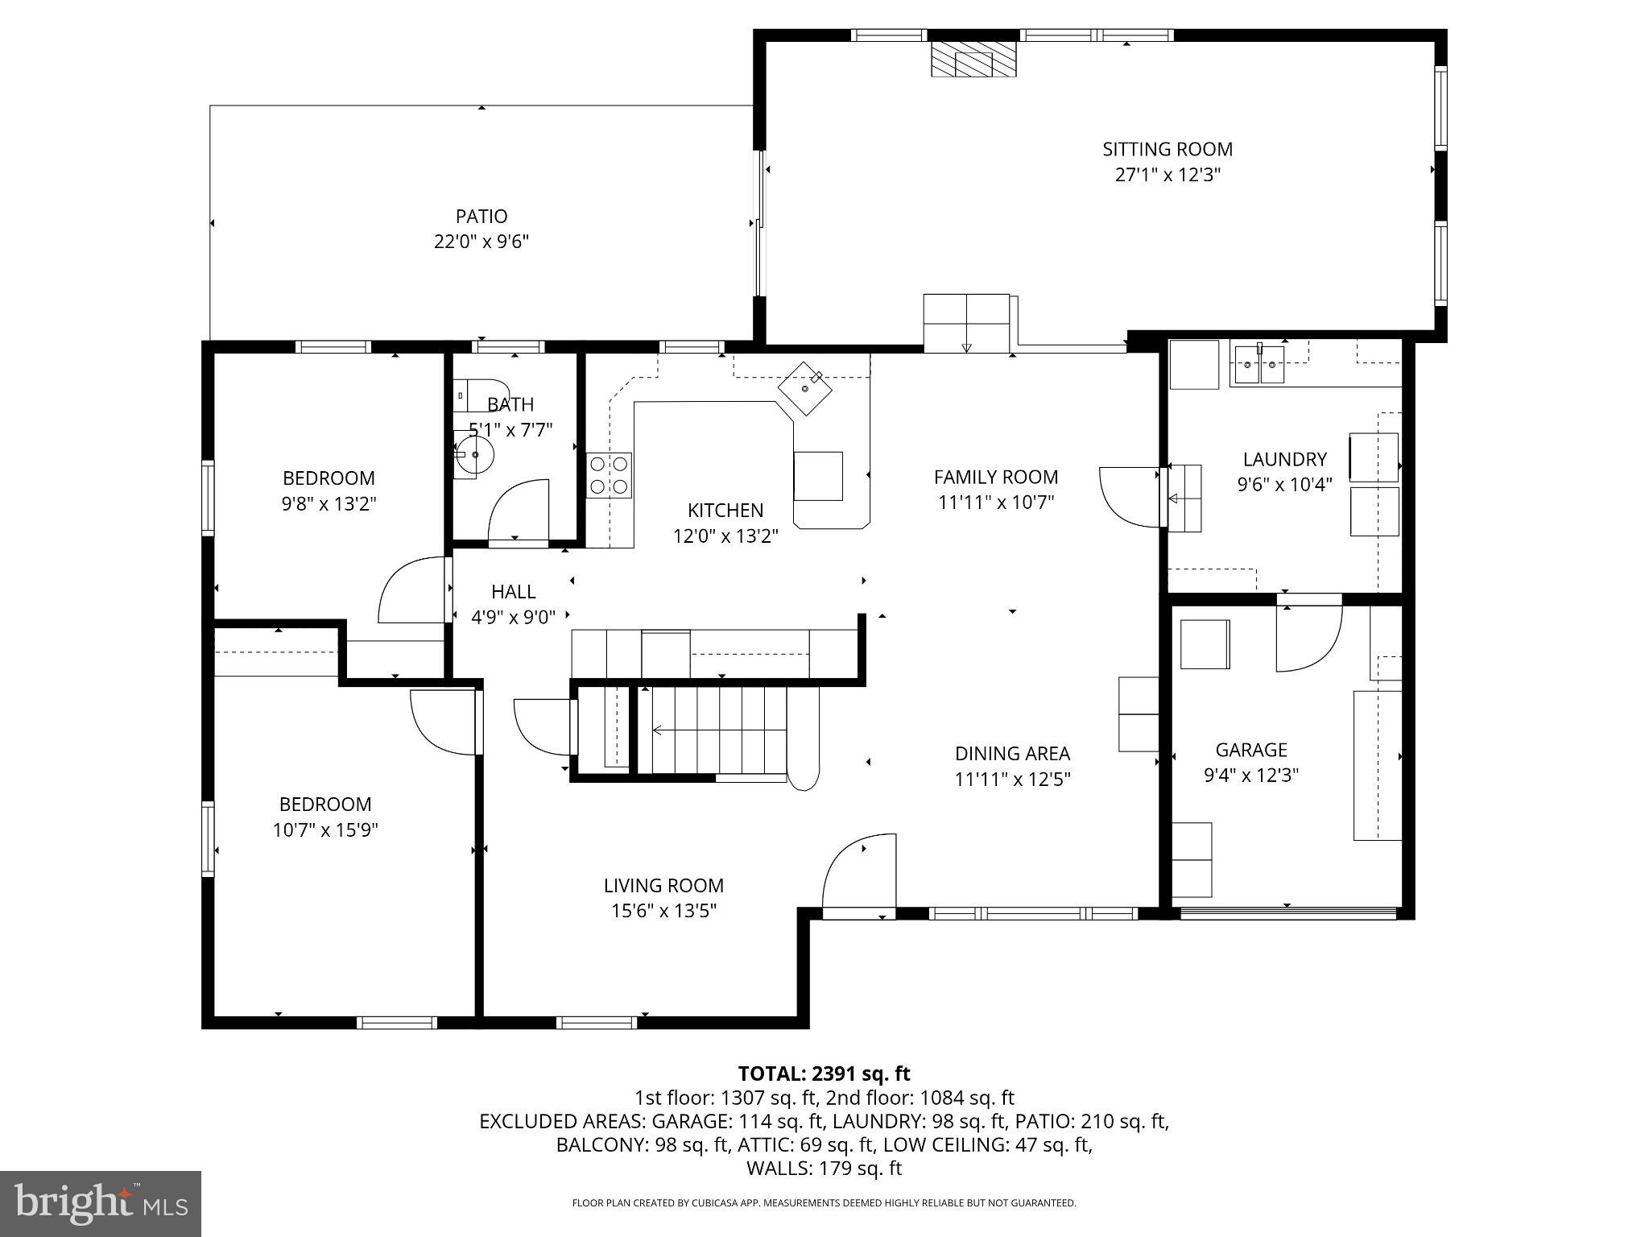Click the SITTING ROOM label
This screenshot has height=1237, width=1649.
pos(1167,149)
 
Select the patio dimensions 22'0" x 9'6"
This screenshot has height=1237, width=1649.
pos(481,242)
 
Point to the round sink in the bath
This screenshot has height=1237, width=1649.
pos(474,455)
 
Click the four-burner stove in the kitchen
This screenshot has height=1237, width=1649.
pos(609,475)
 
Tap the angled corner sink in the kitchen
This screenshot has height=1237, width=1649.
pos(804,388)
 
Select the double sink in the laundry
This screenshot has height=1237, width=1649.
pos(1260,365)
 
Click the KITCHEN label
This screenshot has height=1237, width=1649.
pos(725,510)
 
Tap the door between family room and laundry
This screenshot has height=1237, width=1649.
pos(1129,494)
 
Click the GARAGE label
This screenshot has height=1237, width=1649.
pos(1250,750)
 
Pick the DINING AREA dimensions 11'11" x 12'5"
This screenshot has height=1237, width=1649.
pos(1012,780)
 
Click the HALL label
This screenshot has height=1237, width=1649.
pos(513,592)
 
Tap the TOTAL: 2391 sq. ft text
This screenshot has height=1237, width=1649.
pos(824,1074)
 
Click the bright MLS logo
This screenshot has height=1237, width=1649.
pos(101,1203)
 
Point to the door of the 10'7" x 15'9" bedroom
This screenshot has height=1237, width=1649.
pos(444,722)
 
